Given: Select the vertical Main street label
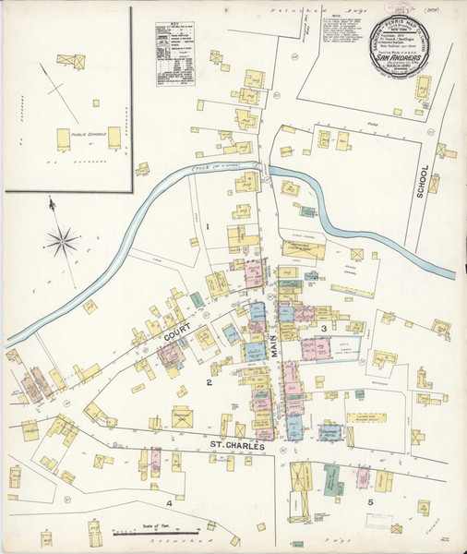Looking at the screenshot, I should pos(274,347).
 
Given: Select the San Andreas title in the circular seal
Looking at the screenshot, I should pos(399,56).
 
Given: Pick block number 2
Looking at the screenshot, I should pos(210,381).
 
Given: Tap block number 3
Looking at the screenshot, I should pos(324,329).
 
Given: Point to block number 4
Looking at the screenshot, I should pos(169,502).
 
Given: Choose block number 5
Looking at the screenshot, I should pos(370,502).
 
